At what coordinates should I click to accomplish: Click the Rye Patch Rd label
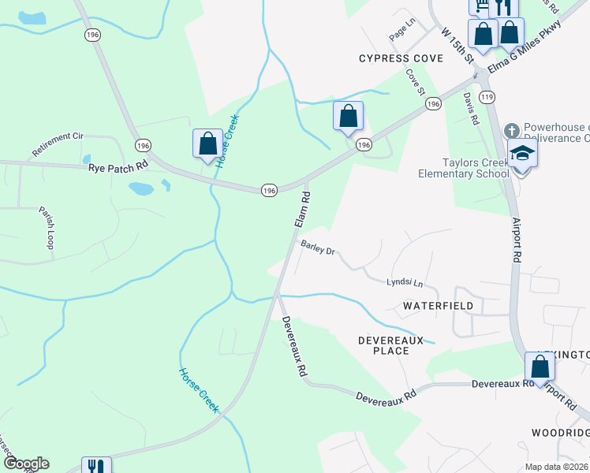pos(119,166)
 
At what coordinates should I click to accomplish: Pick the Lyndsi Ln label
pos(405,283)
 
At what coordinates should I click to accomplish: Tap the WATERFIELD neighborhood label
pos(438,305)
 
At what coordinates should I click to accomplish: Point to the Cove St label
pos(416,80)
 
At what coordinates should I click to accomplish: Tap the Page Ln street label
pos(401,38)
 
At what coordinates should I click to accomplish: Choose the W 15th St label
pos(457,46)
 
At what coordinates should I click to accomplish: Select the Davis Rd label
pos(471,109)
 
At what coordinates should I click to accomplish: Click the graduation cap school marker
pos(522,153)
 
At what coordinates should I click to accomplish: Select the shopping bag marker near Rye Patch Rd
pos(207,144)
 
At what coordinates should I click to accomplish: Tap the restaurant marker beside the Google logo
pos(96,467)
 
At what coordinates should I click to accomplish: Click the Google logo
pos(26,464)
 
